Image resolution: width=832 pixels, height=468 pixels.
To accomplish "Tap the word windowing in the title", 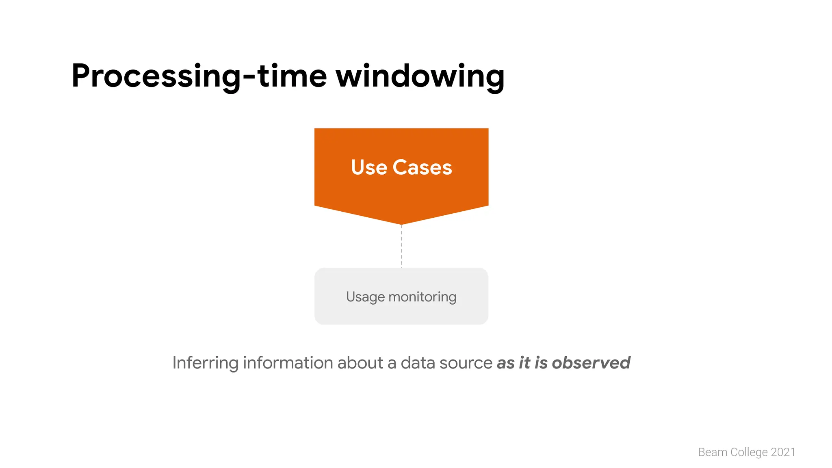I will pos(420,76).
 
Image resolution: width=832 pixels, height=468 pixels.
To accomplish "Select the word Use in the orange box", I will pos(369,167).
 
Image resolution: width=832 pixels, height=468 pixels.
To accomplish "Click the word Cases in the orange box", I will pos(422,167).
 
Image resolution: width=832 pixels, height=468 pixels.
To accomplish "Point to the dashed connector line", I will pos(401,246).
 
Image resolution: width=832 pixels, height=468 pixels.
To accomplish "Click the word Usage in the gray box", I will pos(365,297).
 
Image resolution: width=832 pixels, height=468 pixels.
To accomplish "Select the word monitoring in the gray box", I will pos(422,297).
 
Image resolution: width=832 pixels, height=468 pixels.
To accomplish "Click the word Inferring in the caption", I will pos(205,363).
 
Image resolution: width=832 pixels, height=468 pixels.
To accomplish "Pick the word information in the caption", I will pos(288,363).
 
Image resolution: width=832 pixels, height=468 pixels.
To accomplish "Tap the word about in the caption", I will pos(360,363).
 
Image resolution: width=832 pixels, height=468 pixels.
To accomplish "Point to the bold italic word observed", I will pos(591,363).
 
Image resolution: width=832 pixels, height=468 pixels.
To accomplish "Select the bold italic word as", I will pos(506,363).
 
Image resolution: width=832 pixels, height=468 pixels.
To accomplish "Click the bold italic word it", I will pos(524,363).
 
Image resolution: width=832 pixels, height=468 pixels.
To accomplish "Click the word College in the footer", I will pos(749,452).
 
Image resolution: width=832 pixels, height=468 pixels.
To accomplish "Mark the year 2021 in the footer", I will pos(783,452).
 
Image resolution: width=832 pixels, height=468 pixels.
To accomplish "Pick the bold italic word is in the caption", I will pos(541,363).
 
